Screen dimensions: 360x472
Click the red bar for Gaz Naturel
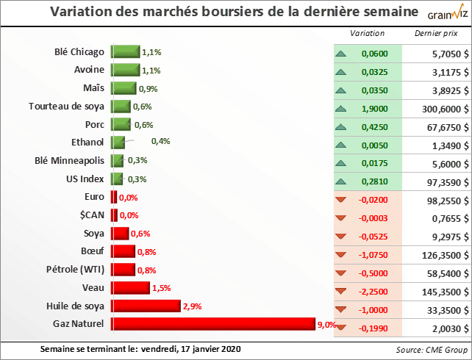point(213,324)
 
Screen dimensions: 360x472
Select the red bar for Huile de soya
point(146,306)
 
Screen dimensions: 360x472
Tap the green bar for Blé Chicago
point(125,51)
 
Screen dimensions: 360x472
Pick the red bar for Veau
point(131,287)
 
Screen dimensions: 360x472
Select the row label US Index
point(86,179)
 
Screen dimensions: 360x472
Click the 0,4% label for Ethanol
point(160,141)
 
